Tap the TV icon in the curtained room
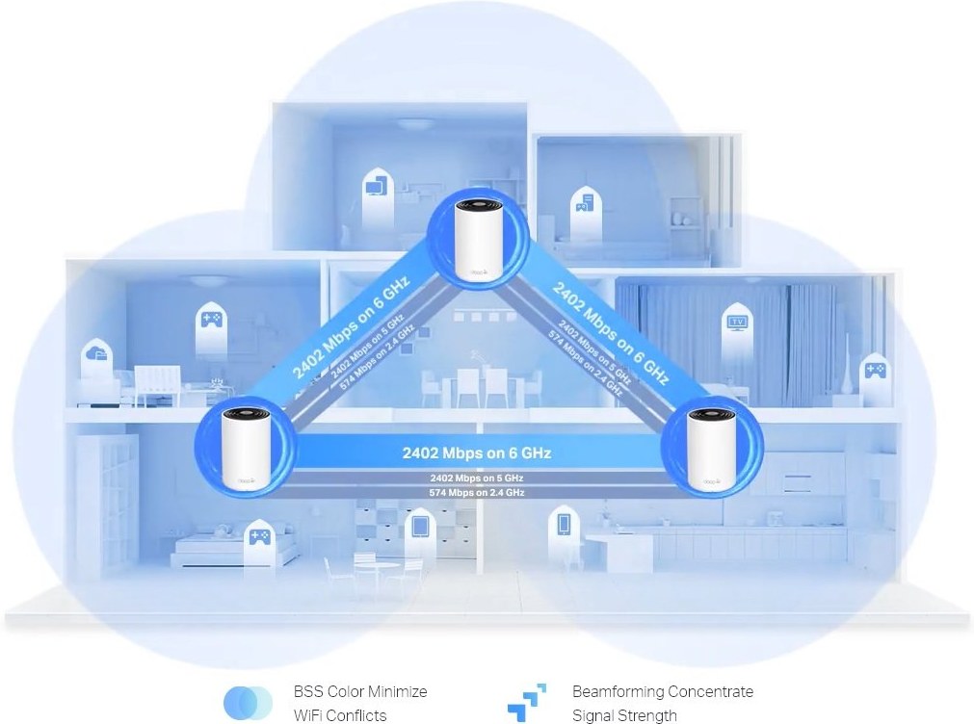(739, 323)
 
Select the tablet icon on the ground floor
(420, 528)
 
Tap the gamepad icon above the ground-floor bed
(257, 538)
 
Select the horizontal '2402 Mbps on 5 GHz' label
(478, 478)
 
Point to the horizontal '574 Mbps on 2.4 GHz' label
(478, 492)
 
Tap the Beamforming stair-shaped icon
(527, 703)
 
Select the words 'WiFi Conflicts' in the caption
(339, 715)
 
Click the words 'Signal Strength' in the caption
(623, 715)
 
